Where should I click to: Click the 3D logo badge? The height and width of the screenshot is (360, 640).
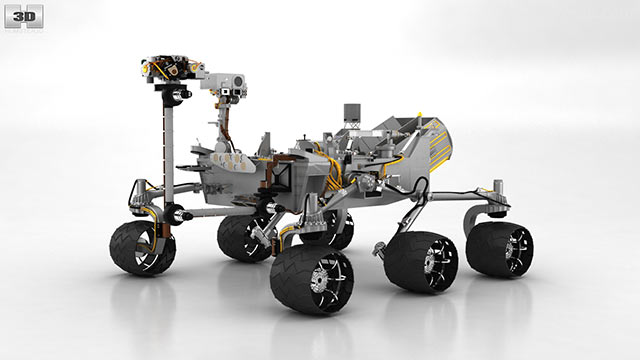(24, 16)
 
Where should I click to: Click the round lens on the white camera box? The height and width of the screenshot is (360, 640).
(239, 81)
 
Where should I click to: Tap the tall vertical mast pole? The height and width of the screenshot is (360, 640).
(168, 154)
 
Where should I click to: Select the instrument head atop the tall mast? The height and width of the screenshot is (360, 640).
(172, 68)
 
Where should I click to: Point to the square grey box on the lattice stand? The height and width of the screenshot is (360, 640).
(352, 111)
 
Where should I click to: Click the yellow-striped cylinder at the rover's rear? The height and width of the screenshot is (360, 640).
(438, 144)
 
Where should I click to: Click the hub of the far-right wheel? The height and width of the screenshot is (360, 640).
(510, 249)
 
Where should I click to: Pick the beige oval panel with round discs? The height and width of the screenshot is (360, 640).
(232, 161)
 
